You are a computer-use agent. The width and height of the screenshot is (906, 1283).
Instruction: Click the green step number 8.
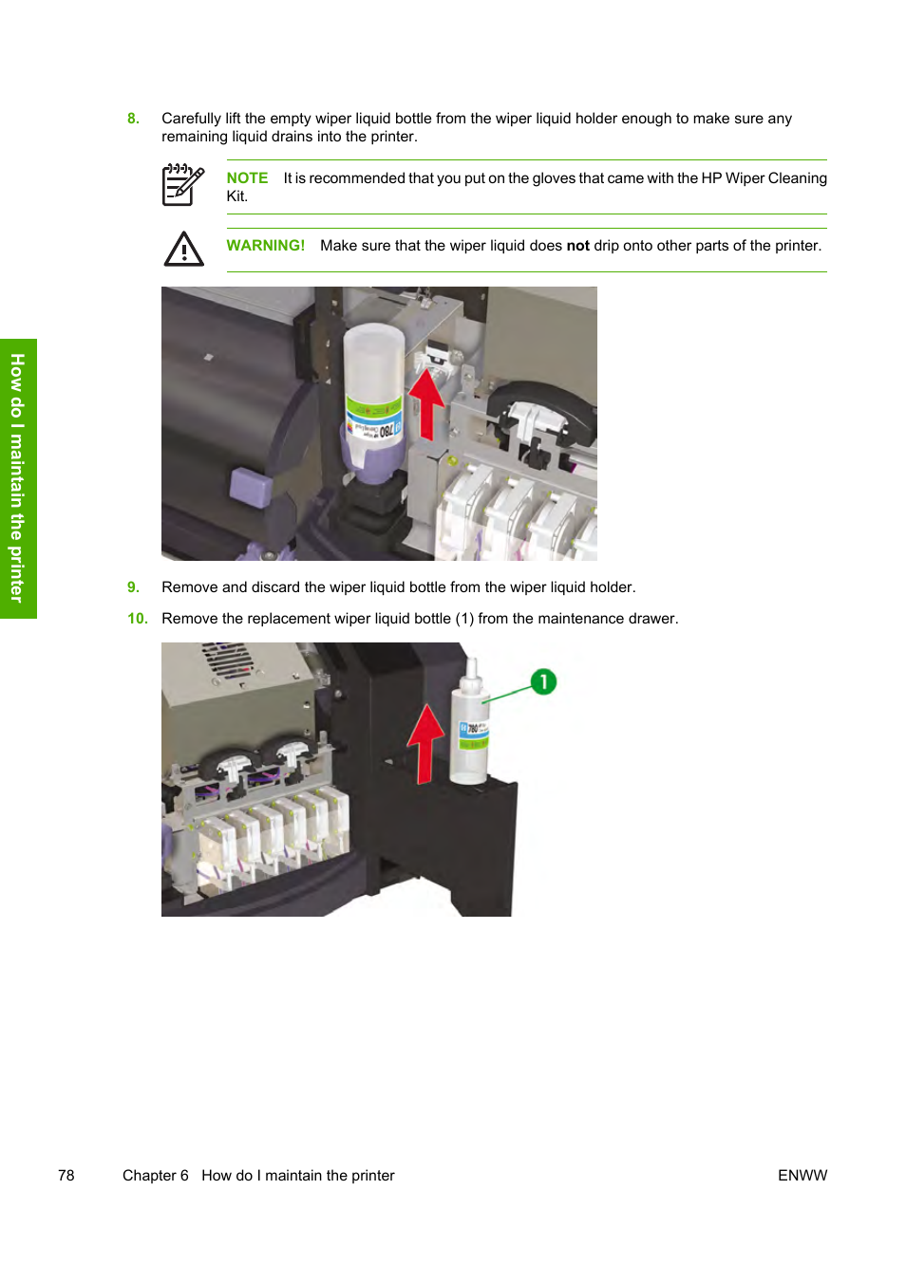(133, 119)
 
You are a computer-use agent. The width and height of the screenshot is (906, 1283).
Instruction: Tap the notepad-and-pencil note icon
(182, 184)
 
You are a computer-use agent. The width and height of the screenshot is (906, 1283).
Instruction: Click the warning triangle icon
(183, 250)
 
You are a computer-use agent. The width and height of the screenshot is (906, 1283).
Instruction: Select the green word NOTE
(247, 178)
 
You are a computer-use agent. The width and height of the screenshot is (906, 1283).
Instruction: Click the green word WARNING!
(265, 245)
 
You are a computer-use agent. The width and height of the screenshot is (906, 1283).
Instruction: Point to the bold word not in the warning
(577, 246)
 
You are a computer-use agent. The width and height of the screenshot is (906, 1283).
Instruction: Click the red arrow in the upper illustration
(425, 404)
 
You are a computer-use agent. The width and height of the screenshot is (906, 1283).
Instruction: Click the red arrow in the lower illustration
(425, 743)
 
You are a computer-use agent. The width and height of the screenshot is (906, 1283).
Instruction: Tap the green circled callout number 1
(543, 681)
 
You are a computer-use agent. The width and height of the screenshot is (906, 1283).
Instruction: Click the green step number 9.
(133, 587)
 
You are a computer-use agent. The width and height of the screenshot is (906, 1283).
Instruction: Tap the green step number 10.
(138, 619)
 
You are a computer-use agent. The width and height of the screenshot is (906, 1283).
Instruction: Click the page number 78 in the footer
(66, 1176)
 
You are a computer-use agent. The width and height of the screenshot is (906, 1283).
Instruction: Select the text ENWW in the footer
(802, 1176)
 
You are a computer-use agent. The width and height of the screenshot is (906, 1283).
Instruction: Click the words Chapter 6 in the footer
(156, 1176)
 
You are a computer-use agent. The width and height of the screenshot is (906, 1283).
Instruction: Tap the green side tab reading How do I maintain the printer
(18, 478)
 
